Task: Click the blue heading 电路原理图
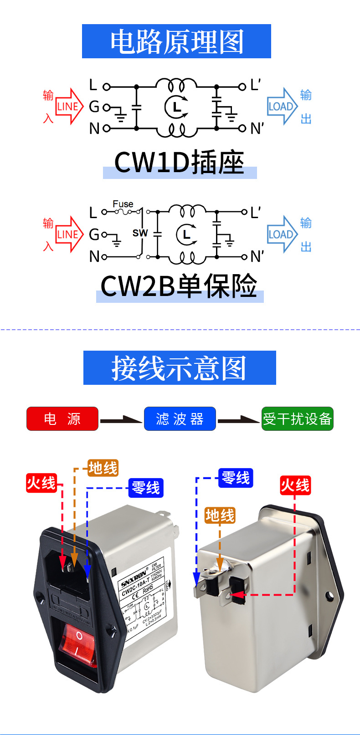click(x=176, y=41)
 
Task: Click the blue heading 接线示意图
click(x=180, y=368)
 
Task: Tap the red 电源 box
click(x=62, y=419)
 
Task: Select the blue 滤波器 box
click(x=180, y=419)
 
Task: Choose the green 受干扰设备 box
click(x=297, y=419)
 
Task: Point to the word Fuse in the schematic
click(x=123, y=204)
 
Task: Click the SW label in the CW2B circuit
click(x=140, y=233)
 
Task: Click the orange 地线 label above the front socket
click(x=103, y=468)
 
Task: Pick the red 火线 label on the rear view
click(x=295, y=485)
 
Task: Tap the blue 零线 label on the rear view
click(x=235, y=478)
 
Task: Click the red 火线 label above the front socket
click(x=41, y=483)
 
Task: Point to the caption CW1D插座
click(x=180, y=163)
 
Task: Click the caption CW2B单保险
click(x=179, y=286)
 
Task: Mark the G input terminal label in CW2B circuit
click(x=94, y=235)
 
